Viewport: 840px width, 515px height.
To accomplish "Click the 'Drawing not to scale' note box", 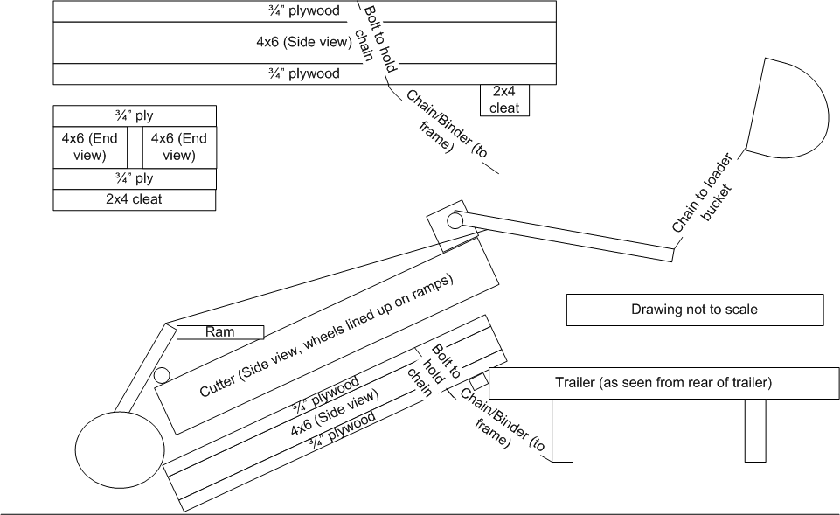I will click(695, 310).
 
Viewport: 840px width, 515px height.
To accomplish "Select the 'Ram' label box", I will click(219, 332).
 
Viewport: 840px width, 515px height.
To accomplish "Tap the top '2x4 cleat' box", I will click(505, 100).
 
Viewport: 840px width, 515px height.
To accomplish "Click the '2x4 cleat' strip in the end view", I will click(134, 199).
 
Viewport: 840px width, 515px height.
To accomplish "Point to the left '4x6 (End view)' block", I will click(90, 147).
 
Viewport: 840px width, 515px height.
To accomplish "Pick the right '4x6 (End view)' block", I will click(178, 147).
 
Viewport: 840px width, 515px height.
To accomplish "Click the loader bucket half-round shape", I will click(787, 109).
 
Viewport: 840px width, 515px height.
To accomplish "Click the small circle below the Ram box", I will click(161, 377).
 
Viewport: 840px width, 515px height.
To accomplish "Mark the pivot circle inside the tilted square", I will click(455, 222).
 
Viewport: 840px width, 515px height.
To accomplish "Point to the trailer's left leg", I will click(562, 429).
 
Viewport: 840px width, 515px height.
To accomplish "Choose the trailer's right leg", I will click(756, 429).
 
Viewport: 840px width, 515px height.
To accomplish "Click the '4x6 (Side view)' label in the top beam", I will click(303, 42).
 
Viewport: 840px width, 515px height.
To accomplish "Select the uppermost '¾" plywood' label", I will click(303, 10).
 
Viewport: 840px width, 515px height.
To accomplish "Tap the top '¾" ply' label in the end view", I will click(134, 115).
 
